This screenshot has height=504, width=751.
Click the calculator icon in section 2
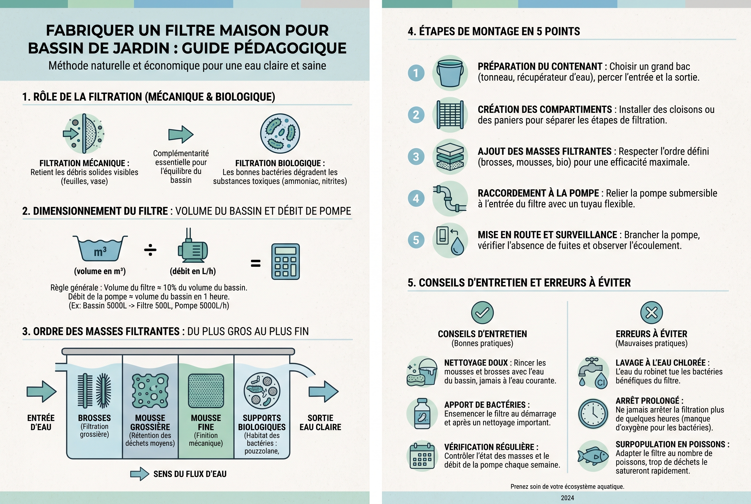tap(285, 261)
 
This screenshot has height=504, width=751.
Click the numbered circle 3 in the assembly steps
tap(416, 157)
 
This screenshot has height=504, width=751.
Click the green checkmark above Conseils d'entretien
tap(482, 312)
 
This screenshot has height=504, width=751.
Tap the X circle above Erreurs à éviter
tap(651, 312)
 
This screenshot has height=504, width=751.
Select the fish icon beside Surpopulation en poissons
tap(593, 456)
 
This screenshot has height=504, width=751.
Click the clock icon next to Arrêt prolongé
tap(593, 414)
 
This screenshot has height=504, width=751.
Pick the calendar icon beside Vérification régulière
tap(422, 456)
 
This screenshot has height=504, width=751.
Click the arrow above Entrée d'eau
tap(42, 391)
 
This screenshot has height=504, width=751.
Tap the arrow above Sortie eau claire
tap(324, 391)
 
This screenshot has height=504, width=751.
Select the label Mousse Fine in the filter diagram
tap(206, 422)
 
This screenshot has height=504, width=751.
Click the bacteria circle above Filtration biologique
tap(280, 133)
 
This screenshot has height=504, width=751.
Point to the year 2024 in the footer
tap(567, 498)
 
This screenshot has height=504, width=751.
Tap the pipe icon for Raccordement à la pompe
tap(449, 199)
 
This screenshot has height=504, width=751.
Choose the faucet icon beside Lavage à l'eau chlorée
tap(593, 373)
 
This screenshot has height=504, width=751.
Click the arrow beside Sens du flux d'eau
tap(139, 474)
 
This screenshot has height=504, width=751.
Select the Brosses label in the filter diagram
tap(94, 418)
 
